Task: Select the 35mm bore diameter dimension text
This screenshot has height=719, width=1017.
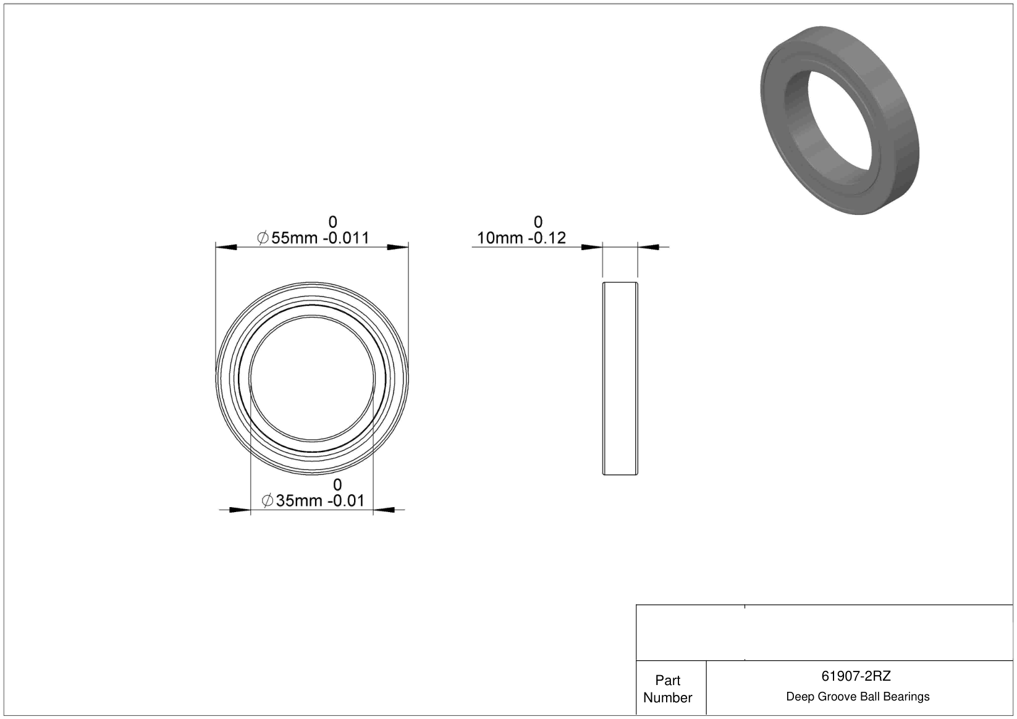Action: (299, 501)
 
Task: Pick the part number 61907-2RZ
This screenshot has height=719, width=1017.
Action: (856, 676)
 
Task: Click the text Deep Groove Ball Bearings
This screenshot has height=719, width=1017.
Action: (858, 697)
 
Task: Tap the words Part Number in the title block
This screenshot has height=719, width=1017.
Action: (667, 689)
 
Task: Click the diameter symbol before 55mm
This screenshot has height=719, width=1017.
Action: (263, 238)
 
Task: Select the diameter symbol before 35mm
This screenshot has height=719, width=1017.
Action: (268, 501)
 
